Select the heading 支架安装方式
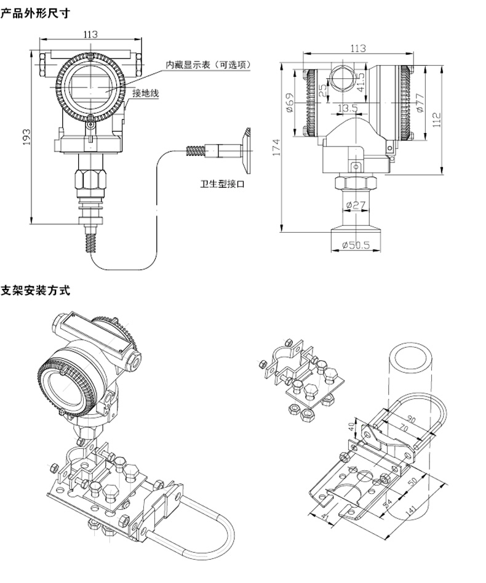click(x=35, y=291)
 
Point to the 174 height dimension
click(x=276, y=148)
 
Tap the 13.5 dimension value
click(x=348, y=109)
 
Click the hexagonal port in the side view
click(x=340, y=77)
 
